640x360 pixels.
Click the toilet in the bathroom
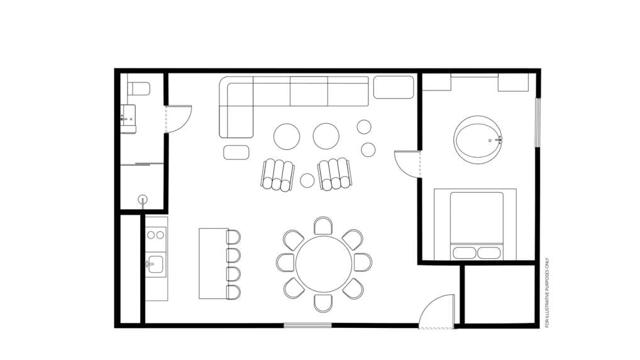point(139,89)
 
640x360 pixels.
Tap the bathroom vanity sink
point(128,119)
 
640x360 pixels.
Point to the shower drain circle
point(143,200)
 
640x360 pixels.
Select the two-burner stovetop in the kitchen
point(156,235)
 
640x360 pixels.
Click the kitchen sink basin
point(155,265)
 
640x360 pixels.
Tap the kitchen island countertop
point(213,263)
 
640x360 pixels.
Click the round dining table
point(324,264)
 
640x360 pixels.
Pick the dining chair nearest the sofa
point(323,225)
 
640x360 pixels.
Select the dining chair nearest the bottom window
point(323,303)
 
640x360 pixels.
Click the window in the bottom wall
point(307,325)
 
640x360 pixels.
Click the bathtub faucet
point(498,140)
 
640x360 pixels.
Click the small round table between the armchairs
point(307,180)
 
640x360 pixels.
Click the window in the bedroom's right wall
point(538,122)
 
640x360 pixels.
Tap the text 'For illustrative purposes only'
point(547,292)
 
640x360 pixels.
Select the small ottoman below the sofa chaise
point(236,152)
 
